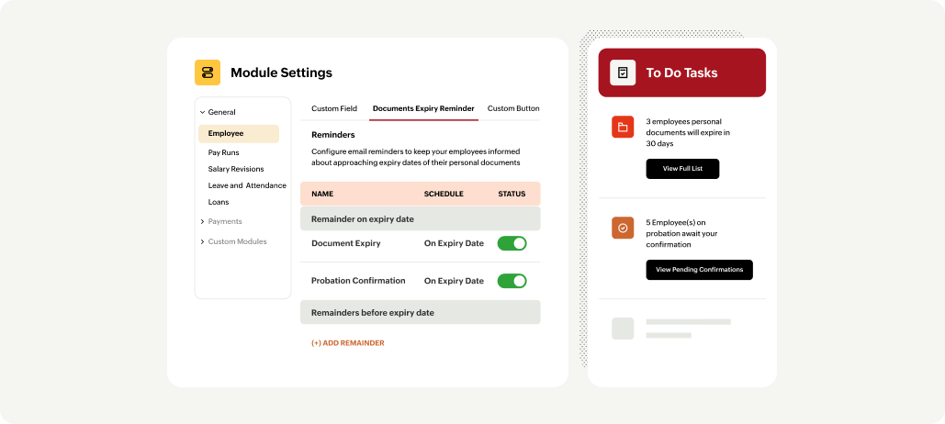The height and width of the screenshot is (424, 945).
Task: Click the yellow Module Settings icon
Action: click(208, 73)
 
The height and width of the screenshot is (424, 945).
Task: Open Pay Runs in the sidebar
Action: click(225, 152)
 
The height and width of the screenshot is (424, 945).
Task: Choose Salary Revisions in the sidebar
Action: click(236, 169)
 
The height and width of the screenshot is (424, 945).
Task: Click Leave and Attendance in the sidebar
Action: click(247, 185)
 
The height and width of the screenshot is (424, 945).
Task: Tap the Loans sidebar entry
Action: click(219, 202)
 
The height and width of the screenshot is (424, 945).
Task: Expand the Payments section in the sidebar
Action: click(224, 221)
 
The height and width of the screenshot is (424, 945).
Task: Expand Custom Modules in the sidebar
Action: click(236, 241)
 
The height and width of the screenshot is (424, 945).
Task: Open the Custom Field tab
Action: click(334, 108)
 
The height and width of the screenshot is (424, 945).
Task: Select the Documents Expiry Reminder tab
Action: click(423, 108)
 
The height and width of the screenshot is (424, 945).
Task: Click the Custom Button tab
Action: click(512, 108)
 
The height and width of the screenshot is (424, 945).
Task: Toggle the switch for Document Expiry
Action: click(512, 243)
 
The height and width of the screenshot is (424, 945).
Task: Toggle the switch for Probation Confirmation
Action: click(512, 281)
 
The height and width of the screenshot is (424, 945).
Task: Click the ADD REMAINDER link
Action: click(348, 343)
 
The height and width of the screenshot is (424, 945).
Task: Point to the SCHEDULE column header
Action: click(444, 194)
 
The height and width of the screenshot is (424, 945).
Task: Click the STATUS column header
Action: click(512, 194)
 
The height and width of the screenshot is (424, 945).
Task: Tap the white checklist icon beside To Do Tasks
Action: click(623, 73)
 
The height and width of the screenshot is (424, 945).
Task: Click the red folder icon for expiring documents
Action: click(623, 128)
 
